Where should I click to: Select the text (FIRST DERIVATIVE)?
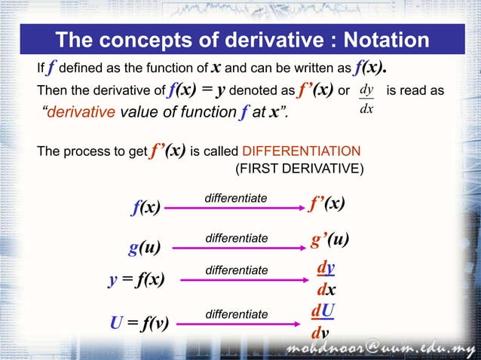(x=299, y=169)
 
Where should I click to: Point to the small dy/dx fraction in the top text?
(x=366, y=99)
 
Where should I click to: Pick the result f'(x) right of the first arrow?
(x=327, y=203)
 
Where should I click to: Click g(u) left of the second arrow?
(x=145, y=246)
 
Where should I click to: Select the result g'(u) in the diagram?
(x=329, y=241)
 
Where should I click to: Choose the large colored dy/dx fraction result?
(x=326, y=279)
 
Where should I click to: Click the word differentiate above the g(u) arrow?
(x=236, y=237)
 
